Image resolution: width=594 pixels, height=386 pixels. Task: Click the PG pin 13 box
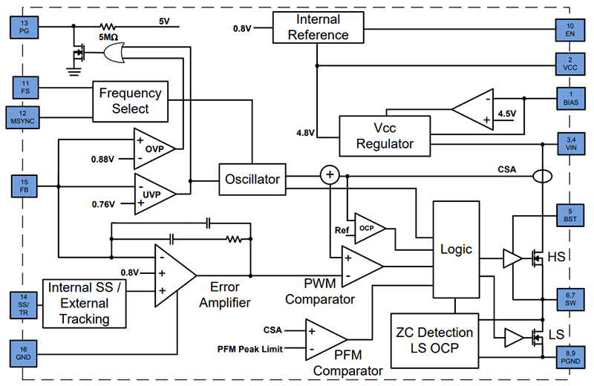tap(25, 28)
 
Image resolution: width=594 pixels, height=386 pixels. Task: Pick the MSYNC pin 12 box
tap(25, 116)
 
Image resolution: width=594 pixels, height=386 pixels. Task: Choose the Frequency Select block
tap(130, 101)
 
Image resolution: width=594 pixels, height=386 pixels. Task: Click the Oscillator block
tap(252, 179)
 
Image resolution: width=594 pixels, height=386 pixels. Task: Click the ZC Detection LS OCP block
tap(434, 340)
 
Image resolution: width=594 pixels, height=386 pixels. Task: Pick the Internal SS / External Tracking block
tap(88, 302)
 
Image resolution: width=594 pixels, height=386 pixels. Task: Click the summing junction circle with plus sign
tap(329, 175)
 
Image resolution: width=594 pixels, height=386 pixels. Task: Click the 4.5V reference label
tap(506, 114)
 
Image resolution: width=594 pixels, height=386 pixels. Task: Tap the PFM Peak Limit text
tap(249, 348)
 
